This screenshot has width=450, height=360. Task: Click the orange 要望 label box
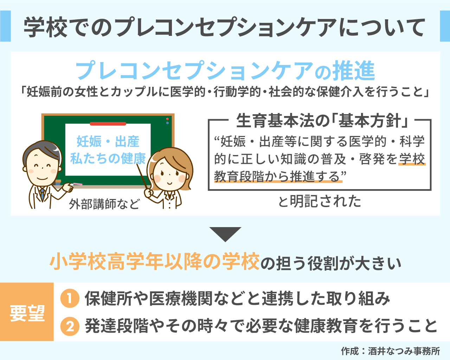pos(27,312)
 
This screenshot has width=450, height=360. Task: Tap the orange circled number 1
pos(69,298)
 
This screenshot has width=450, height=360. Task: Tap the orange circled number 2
pos(69,326)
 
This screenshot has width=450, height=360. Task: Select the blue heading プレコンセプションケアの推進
pos(225,71)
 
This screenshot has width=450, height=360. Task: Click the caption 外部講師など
pos(104,204)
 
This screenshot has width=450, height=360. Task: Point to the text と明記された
pos(319,201)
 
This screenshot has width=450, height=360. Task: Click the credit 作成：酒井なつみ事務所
pos(390,351)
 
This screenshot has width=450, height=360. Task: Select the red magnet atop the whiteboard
pos(108,124)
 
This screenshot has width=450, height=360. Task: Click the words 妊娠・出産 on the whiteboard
pos(108,141)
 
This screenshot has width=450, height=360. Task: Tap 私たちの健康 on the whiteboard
pos(108,159)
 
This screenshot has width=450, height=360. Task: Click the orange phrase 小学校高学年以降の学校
pos(155,262)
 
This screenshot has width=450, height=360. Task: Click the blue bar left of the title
pos(5,26)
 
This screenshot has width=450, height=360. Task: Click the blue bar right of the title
pos(445,26)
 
